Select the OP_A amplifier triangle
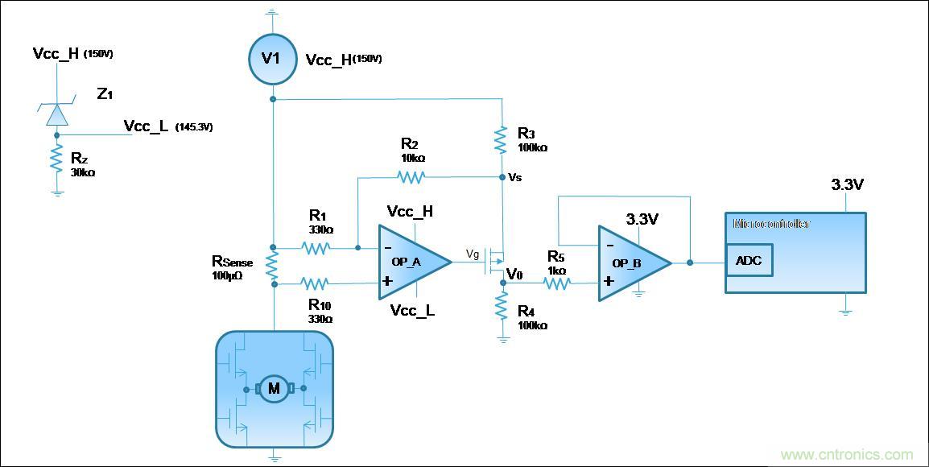(409, 262)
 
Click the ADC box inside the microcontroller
(749, 260)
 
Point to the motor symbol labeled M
(274, 389)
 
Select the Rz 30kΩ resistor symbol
(56, 159)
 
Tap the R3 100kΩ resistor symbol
(501, 139)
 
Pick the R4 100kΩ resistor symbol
(501, 306)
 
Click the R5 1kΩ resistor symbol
(558, 283)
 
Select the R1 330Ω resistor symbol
(316, 247)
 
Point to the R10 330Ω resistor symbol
(316, 283)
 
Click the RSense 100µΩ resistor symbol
(273, 266)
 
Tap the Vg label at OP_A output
(473, 254)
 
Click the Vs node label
(515, 177)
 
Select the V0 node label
(514, 274)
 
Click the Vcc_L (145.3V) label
(167, 126)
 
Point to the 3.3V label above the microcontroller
(847, 185)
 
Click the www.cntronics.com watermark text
(847, 454)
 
